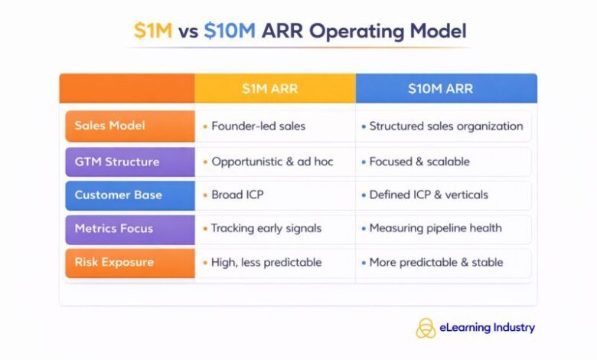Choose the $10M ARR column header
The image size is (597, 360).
[x=440, y=89]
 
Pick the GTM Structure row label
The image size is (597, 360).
[x=117, y=162]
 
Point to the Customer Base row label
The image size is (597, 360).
[x=118, y=195]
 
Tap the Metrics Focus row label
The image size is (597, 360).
[x=114, y=228]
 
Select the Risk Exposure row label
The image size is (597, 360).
[x=114, y=262]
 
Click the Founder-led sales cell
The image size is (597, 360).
[x=258, y=126]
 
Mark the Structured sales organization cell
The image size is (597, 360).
[x=446, y=126]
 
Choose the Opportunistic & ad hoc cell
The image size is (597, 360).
[x=272, y=162]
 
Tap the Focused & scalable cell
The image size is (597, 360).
[x=419, y=162]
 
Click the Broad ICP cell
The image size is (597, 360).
[x=237, y=195]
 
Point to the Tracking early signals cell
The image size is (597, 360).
[x=266, y=228]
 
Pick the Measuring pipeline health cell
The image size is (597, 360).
[x=436, y=228]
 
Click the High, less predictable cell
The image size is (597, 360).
[x=266, y=262]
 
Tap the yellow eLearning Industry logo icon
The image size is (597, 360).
[x=426, y=328]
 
